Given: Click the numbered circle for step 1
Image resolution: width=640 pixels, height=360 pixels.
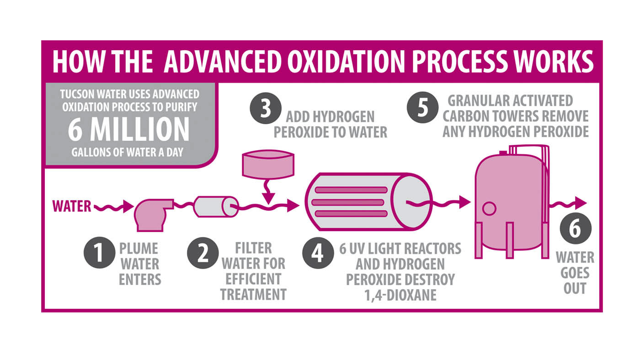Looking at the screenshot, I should point(99,253).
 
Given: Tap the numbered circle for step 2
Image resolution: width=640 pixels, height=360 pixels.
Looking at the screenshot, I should point(203,253).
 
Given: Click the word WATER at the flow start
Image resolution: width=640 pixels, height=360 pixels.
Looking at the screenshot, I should point(72,206).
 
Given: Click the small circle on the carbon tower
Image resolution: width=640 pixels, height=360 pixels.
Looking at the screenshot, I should point(489,208).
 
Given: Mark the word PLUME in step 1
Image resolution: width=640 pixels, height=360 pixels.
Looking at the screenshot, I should point(139,249).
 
